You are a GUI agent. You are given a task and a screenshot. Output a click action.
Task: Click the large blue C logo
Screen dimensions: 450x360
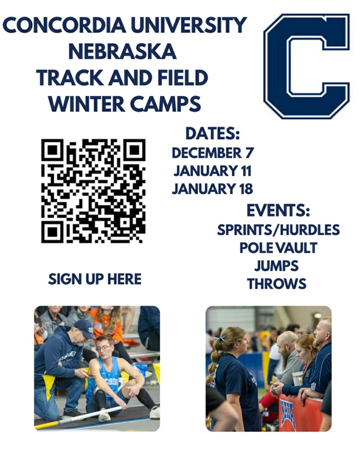click(x=307, y=66)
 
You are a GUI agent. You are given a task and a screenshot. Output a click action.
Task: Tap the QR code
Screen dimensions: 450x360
click(x=93, y=190)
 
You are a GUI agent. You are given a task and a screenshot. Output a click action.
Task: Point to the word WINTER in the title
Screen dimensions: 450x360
click(x=86, y=103)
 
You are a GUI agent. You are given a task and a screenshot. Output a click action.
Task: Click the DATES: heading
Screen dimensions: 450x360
click(x=212, y=133)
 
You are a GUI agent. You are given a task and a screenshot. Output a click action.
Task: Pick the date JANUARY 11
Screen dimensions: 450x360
click(x=212, y=170)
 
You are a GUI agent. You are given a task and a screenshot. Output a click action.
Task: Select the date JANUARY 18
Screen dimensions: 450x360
click(x=212, y=189)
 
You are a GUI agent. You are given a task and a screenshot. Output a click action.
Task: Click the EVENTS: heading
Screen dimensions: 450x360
click(x=278, y=211)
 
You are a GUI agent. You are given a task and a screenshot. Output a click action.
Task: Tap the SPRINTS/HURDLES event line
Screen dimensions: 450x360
click(x=278, y=230)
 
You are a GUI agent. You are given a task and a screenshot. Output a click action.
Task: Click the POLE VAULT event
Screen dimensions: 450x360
click(x=278, y=248)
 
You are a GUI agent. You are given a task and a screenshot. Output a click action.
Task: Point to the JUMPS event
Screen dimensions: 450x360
click(x=276, y=266)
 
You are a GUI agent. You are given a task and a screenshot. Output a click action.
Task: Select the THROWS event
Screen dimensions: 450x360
click(x=276, y=284)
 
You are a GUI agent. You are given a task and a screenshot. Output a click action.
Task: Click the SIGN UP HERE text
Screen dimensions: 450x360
click(x=95, y=279)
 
